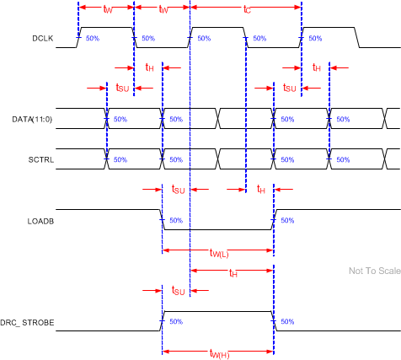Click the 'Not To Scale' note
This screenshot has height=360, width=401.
[x=371, y=271]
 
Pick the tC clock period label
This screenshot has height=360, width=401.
[x=247, y=10]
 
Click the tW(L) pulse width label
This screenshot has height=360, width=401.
[x=222, y=252]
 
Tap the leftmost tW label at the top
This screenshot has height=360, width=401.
[x=107, y=10]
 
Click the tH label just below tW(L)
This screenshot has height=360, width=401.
[x=233, y=273]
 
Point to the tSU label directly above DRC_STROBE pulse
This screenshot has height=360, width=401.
[x=178, y=291]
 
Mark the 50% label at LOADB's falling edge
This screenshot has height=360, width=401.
[x=175, y=220]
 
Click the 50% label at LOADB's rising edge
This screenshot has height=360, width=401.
[x=287, y=220]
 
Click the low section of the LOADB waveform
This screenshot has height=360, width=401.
[x=217, y=229]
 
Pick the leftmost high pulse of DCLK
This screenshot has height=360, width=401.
[x=105, y=28]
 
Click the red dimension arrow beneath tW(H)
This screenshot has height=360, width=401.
[x=217, y=351]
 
